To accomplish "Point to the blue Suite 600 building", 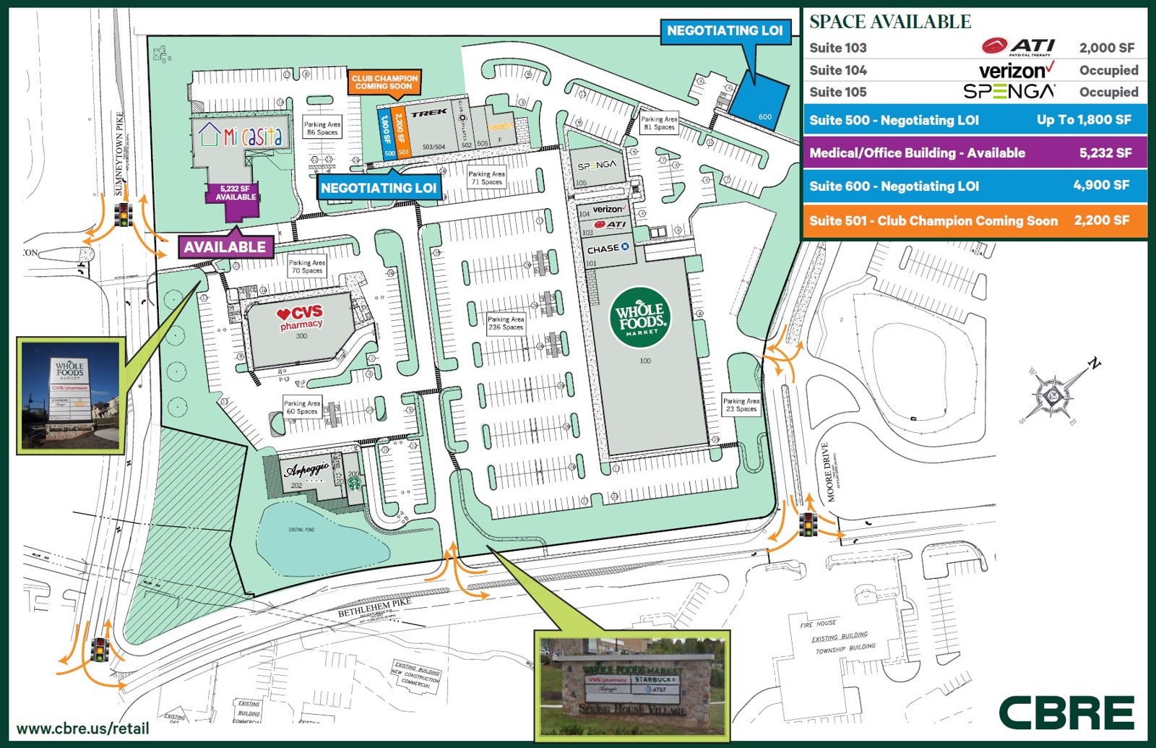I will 759,104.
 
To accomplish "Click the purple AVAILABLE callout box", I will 225,246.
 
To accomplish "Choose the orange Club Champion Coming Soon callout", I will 384,82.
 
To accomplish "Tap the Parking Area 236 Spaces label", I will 506,323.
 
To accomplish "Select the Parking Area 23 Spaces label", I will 741,405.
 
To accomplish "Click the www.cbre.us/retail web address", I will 82,728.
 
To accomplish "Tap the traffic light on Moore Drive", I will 808,523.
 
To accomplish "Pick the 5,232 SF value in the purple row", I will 1105,152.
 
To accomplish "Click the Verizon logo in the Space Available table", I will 1016,70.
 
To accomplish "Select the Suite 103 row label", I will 838,48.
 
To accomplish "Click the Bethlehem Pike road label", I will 374,608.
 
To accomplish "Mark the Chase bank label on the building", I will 608,249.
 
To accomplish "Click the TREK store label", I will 429,113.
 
